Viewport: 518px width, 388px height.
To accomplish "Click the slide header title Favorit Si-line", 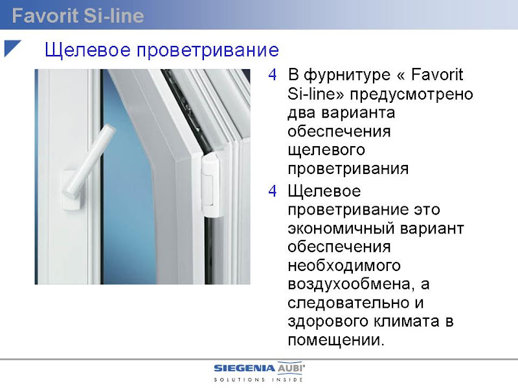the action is pos(78,16).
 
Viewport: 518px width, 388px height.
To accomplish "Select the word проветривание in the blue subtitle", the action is pos(208,50).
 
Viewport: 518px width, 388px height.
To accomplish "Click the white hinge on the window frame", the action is pos(213,186).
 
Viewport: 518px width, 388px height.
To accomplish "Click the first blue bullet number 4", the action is pos(273,75).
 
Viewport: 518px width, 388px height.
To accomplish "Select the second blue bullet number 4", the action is pos(273,191).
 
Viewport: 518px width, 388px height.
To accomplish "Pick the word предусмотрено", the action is pos(412,94).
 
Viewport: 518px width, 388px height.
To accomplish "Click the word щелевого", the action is pos(326,151).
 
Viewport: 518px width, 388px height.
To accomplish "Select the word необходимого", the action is pos(344,266).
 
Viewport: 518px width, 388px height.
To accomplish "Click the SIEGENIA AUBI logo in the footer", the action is pos(260,368).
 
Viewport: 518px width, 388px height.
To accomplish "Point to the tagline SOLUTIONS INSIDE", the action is pos(258,380).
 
